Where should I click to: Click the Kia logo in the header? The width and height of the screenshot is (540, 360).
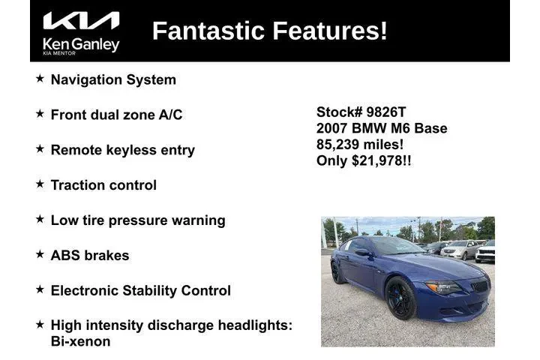pyautogui.click(x=81, y=21)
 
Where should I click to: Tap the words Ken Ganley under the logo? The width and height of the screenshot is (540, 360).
pyautogui.click(x=81, y=44)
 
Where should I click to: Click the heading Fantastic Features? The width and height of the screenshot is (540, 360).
pyautogui.click(x=270, y=31)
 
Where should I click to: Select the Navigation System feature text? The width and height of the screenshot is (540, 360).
pyautogui.click(x=113, y=79)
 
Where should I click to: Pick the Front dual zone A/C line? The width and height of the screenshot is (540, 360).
pyautogui.click(x=116, y=115)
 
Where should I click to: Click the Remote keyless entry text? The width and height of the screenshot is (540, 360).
pyautogui.click(x=122, y=150)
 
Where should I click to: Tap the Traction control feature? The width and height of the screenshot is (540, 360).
pyautogui.click(x=103, y=185)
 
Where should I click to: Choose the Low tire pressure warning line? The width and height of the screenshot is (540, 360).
pyautogui.click(x=138, y=220)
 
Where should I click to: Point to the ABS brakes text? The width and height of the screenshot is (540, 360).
pyautogui.click(x=90, y=256)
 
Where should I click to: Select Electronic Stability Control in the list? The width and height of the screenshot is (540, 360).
pyautogui.click(x=141, y=291)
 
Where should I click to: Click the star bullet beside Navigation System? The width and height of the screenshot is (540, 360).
pyautogui.click(x=40, y=79)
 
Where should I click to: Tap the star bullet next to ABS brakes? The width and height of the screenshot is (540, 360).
pyautogui.click(x=40, y=255)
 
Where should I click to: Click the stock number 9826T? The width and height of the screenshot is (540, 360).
pyautogui.click(x=385, y=112)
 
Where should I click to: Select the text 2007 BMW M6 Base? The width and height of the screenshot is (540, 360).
pyautogui.click(x=382, y=128)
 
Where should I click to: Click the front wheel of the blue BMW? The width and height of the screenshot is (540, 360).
pyautogui.click(x=400, y=298)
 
